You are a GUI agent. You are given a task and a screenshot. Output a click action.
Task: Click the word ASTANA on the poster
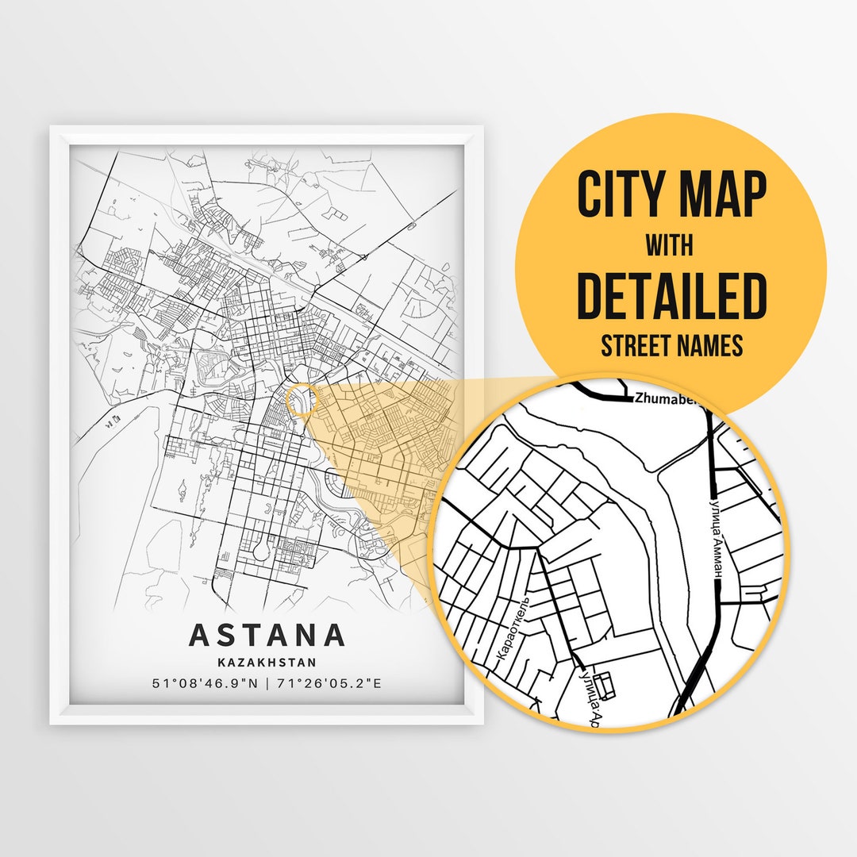[267, 635]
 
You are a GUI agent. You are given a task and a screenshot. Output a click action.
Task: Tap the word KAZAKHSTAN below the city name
[267, 662]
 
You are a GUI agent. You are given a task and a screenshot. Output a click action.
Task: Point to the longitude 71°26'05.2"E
[329, 682]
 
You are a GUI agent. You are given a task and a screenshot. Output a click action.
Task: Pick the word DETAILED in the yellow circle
[671, 295]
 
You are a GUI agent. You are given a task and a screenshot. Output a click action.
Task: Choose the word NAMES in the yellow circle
[713, 346]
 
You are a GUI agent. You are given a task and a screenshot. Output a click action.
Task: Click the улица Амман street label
[712, 533]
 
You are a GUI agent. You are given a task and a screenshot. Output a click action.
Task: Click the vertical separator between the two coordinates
[267, 682]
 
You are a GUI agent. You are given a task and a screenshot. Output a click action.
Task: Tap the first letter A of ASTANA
[200, 635]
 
